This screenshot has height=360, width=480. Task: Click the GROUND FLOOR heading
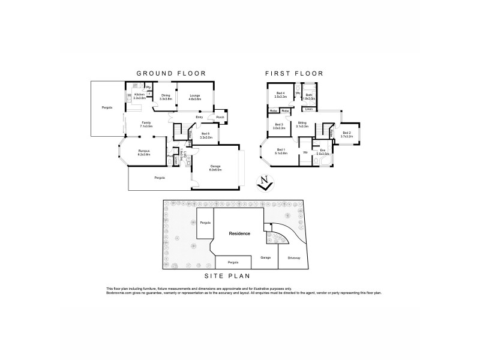[171, 73]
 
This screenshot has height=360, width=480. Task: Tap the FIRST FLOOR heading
[295, 73]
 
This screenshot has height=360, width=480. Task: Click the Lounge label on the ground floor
[195, 95]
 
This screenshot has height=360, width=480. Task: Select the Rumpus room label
[144, 152]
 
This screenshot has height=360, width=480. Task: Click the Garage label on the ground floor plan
[215, 167]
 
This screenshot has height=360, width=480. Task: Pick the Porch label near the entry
[220, 118]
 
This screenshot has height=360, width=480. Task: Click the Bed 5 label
[206, 134]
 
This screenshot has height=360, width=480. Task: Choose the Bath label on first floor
[309, 95]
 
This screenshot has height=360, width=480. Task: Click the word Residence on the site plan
[238, 233]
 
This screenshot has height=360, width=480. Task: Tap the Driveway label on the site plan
[294, 258]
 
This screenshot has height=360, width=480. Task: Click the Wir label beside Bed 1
[305, 151]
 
